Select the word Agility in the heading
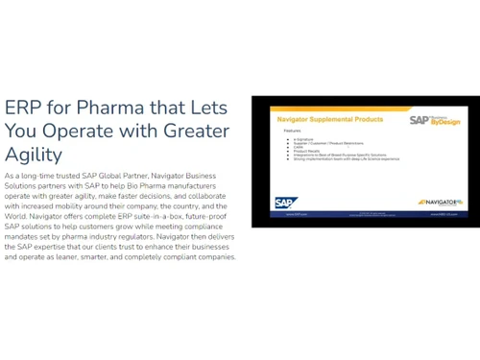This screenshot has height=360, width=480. (x=33, y=154)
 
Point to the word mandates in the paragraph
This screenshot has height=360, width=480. (x=25, y=236)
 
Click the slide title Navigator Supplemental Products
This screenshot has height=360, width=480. (x=329, y=119)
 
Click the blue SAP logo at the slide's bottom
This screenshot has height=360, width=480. (x=285, y=203)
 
